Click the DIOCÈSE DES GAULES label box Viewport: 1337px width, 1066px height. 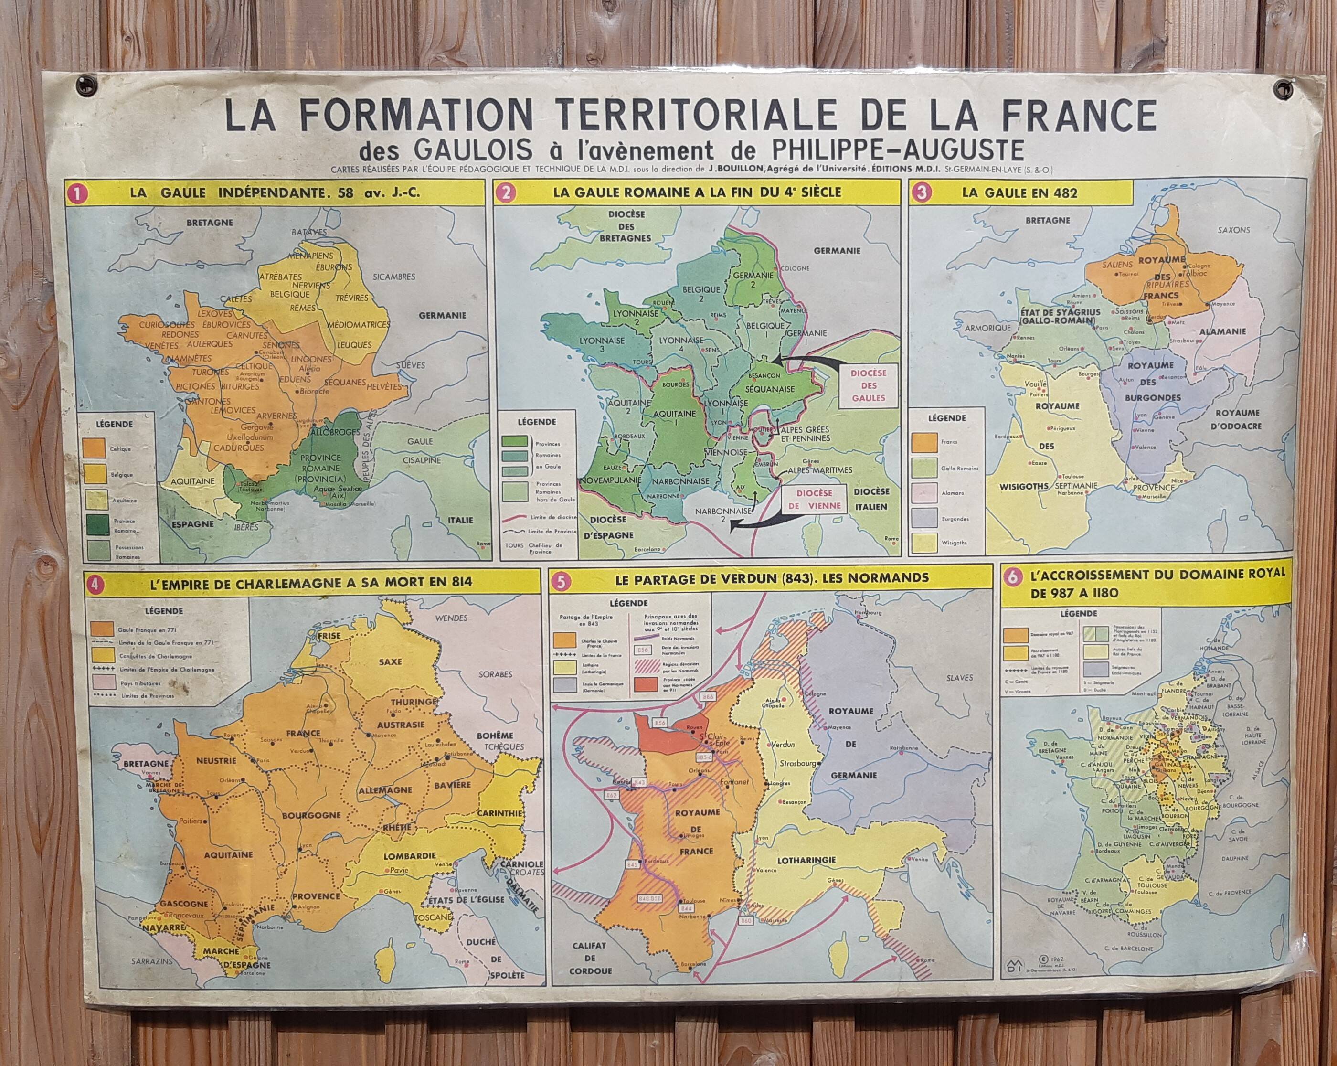tap(869, 385)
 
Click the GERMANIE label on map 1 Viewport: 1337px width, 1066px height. tap(442, 315)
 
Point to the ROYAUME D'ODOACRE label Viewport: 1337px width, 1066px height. tap(1237, 419)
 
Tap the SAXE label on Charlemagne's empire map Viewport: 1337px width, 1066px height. tap(390, 661)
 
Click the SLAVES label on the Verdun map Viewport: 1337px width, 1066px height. tap(959, 678)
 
